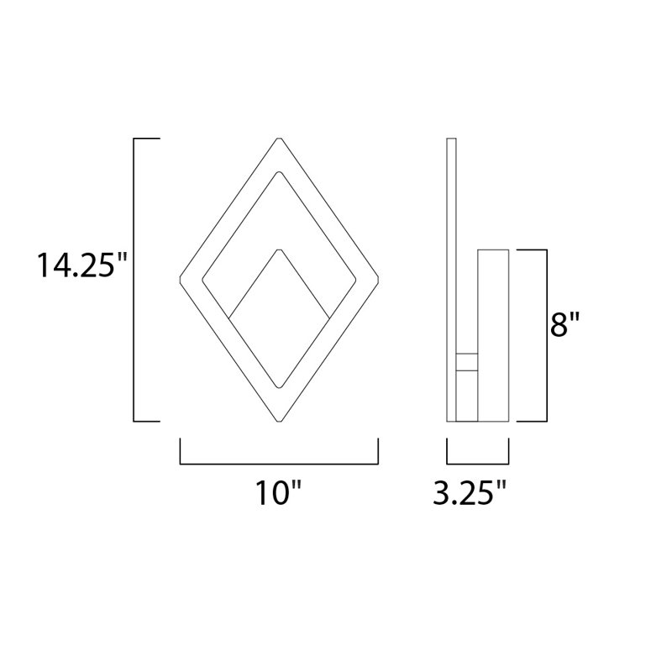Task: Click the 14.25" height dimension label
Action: pos(80,265)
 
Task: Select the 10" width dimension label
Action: pos(278,493)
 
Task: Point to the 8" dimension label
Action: pos(566,324)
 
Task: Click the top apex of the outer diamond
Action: pos(279,139)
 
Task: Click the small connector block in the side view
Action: pos(466,362)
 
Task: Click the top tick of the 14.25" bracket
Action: pos(146,138)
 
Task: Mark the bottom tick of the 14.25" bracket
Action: pos(146,421)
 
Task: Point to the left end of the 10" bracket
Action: pos(181,450)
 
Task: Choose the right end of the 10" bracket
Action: pos(378,450)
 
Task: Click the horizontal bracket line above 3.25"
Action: pos(479,463)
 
